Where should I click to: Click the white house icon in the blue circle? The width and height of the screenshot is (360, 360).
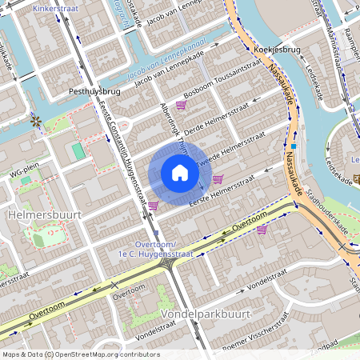(x=179, y=173)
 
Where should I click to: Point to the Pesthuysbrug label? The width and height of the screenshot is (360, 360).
(x=94, y=92)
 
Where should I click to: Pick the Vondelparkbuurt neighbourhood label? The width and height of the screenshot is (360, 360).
(x=206, y=314)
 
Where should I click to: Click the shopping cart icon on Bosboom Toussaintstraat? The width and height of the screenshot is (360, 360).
(x=181, y=105)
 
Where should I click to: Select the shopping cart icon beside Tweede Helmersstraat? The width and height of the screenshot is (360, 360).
(x=218, y=178)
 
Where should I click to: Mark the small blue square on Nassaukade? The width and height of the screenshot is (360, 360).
(x=294, y=146)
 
